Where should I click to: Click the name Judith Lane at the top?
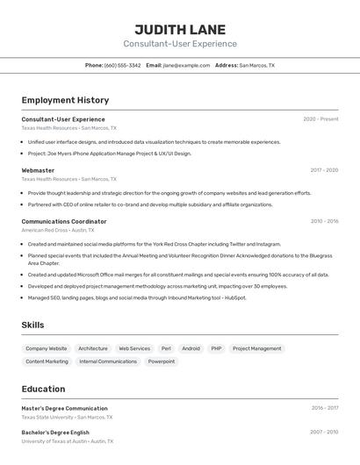180,29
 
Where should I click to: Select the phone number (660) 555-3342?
122,65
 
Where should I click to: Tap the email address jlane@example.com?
186,65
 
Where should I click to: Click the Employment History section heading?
65,100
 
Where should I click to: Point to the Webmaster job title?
38,170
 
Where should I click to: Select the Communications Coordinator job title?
64,221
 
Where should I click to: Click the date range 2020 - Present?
320,119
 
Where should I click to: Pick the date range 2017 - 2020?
324,170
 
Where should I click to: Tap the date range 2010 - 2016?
324,221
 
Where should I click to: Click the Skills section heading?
32,325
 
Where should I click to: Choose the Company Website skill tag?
47,348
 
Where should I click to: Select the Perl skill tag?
166,348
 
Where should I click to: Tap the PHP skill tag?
216,348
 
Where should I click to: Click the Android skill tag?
191,348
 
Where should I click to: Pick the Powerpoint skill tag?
162,361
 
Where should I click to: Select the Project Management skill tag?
257,348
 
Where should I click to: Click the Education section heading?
43,389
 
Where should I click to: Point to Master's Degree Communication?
64,408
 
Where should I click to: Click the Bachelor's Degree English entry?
55,433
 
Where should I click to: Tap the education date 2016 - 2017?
324,408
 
